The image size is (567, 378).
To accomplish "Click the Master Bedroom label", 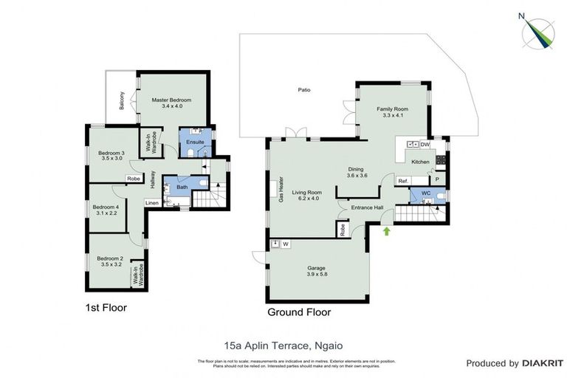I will click(172, 103).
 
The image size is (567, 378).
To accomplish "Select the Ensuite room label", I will click(195, 142).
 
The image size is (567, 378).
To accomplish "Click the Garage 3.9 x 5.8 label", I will click(317, 271).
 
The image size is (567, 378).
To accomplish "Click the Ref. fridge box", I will click(403, 181).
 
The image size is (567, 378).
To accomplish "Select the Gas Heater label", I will click(281, 188).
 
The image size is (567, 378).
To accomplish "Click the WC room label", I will click(425, 193).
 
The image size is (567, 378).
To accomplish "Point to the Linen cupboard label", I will click(151, 202).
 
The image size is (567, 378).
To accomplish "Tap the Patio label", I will click(304, 90).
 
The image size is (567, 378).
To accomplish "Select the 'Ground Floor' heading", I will click(299, 312).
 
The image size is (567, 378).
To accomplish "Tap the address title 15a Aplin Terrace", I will click(283, 344).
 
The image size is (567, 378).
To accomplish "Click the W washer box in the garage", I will click(284, 244).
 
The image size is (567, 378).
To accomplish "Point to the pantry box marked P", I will click(437, 179).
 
